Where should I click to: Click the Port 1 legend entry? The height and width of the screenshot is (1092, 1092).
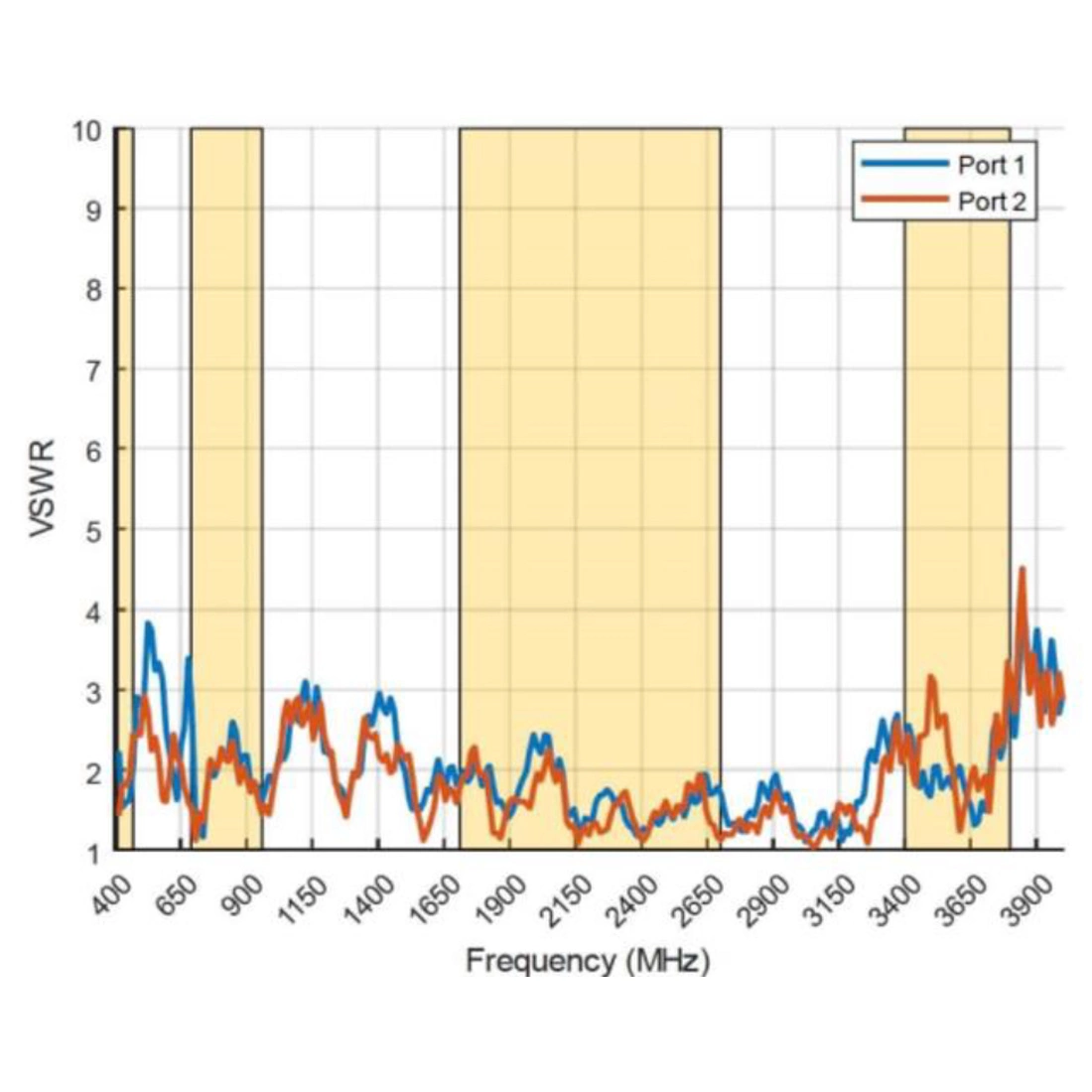click(990, 164)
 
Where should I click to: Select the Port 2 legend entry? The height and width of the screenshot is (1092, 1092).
click(990, 202)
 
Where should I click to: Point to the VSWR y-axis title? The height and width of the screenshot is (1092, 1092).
click(42, 488)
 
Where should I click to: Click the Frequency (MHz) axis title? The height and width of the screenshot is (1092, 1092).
click(588, 961)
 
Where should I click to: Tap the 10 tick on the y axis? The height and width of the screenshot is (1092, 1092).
click(89, 130)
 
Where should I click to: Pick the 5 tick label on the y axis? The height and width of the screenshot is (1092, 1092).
click(94, 530)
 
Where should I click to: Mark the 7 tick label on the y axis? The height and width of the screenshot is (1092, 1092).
click(94, 370)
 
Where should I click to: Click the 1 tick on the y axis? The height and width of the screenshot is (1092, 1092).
click(94, 852)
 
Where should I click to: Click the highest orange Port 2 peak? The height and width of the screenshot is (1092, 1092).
click(1022, 569)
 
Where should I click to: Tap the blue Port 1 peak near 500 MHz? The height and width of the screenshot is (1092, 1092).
click(148, 623)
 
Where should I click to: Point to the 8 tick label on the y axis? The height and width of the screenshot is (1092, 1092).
click(94, 290)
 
